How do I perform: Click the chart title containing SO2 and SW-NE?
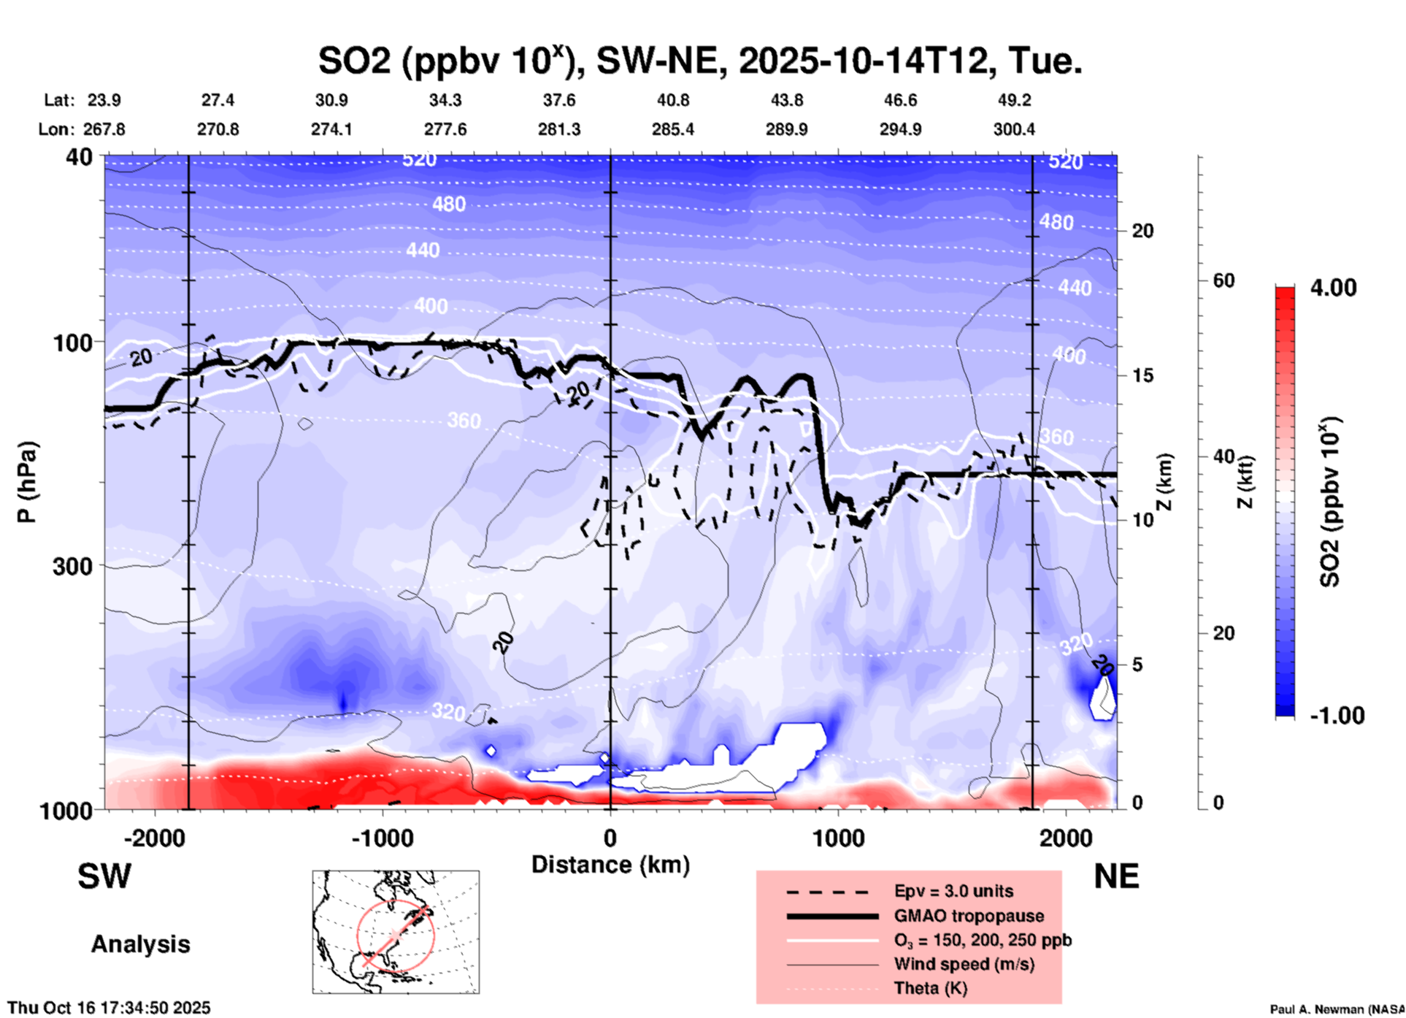click(699, 61)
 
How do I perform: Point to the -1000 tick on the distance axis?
click(382, 838)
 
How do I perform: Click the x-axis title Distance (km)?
click(610, 865)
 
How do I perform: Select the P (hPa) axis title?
click(27, 482)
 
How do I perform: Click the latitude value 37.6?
click(559, 100)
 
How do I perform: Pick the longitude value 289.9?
click(786, 129)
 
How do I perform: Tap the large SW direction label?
click(104, 876)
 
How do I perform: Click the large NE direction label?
click(1116, 876)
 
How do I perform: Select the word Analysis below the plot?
click(140, 944)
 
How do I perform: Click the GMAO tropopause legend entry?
click(969, 916)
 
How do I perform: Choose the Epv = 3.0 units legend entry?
click(953, 891)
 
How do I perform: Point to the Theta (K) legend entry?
click(930, 988)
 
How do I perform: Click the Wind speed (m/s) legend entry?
click(964, 964)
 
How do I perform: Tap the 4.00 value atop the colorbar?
click(1333, 287)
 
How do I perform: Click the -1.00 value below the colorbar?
click(1337, 715)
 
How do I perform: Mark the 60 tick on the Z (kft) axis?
click(1223, 280)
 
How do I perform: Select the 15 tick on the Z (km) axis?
click(1142, 375)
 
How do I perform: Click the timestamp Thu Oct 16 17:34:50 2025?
click(109, 1008)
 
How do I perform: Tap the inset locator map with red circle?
click(396, 932)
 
